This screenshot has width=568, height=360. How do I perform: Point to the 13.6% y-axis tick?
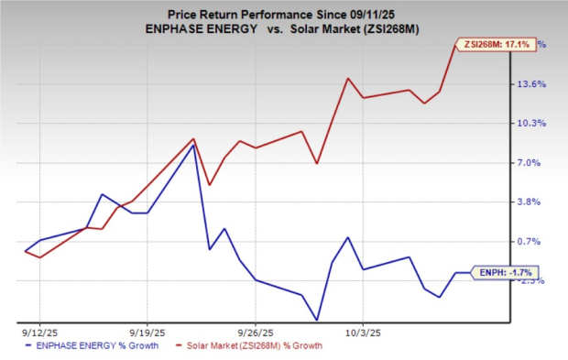coord(534,84)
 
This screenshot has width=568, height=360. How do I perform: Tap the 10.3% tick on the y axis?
coord(534,124)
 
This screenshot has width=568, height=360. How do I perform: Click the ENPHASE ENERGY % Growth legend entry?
coord(99,345)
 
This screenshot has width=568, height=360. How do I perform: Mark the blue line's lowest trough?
coord(317,320)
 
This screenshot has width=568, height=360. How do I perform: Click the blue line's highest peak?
coord(193,145)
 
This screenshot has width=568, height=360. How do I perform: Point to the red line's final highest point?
coord(455,45)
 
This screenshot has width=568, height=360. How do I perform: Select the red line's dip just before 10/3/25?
coord(317,164)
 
